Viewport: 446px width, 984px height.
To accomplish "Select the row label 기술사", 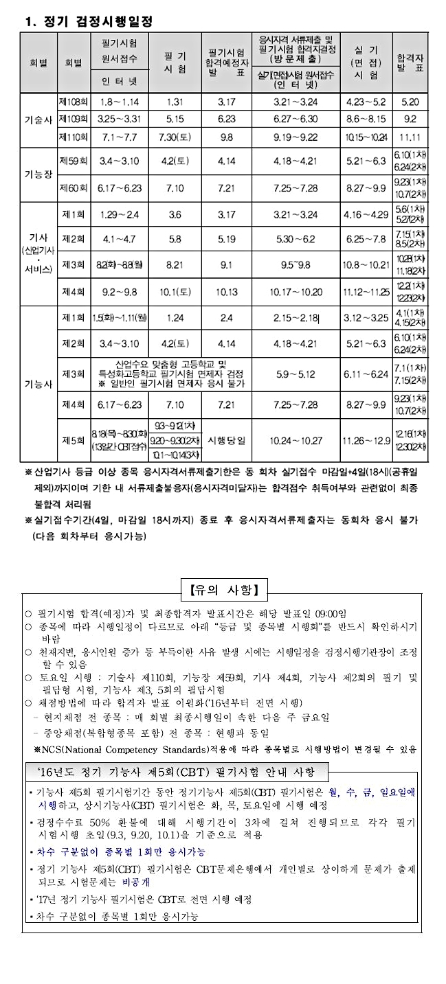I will point(38,119).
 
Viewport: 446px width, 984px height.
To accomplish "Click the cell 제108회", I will point(72,102).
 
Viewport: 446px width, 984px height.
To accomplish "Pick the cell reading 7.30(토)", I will point(175,136).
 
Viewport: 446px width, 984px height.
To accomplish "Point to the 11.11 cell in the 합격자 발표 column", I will point(410,136).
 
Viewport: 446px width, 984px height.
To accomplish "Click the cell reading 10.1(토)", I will point(175,290).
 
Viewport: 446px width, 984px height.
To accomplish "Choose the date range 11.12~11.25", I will point(366,290).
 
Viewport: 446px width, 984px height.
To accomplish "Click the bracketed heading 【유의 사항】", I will point(223,589).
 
